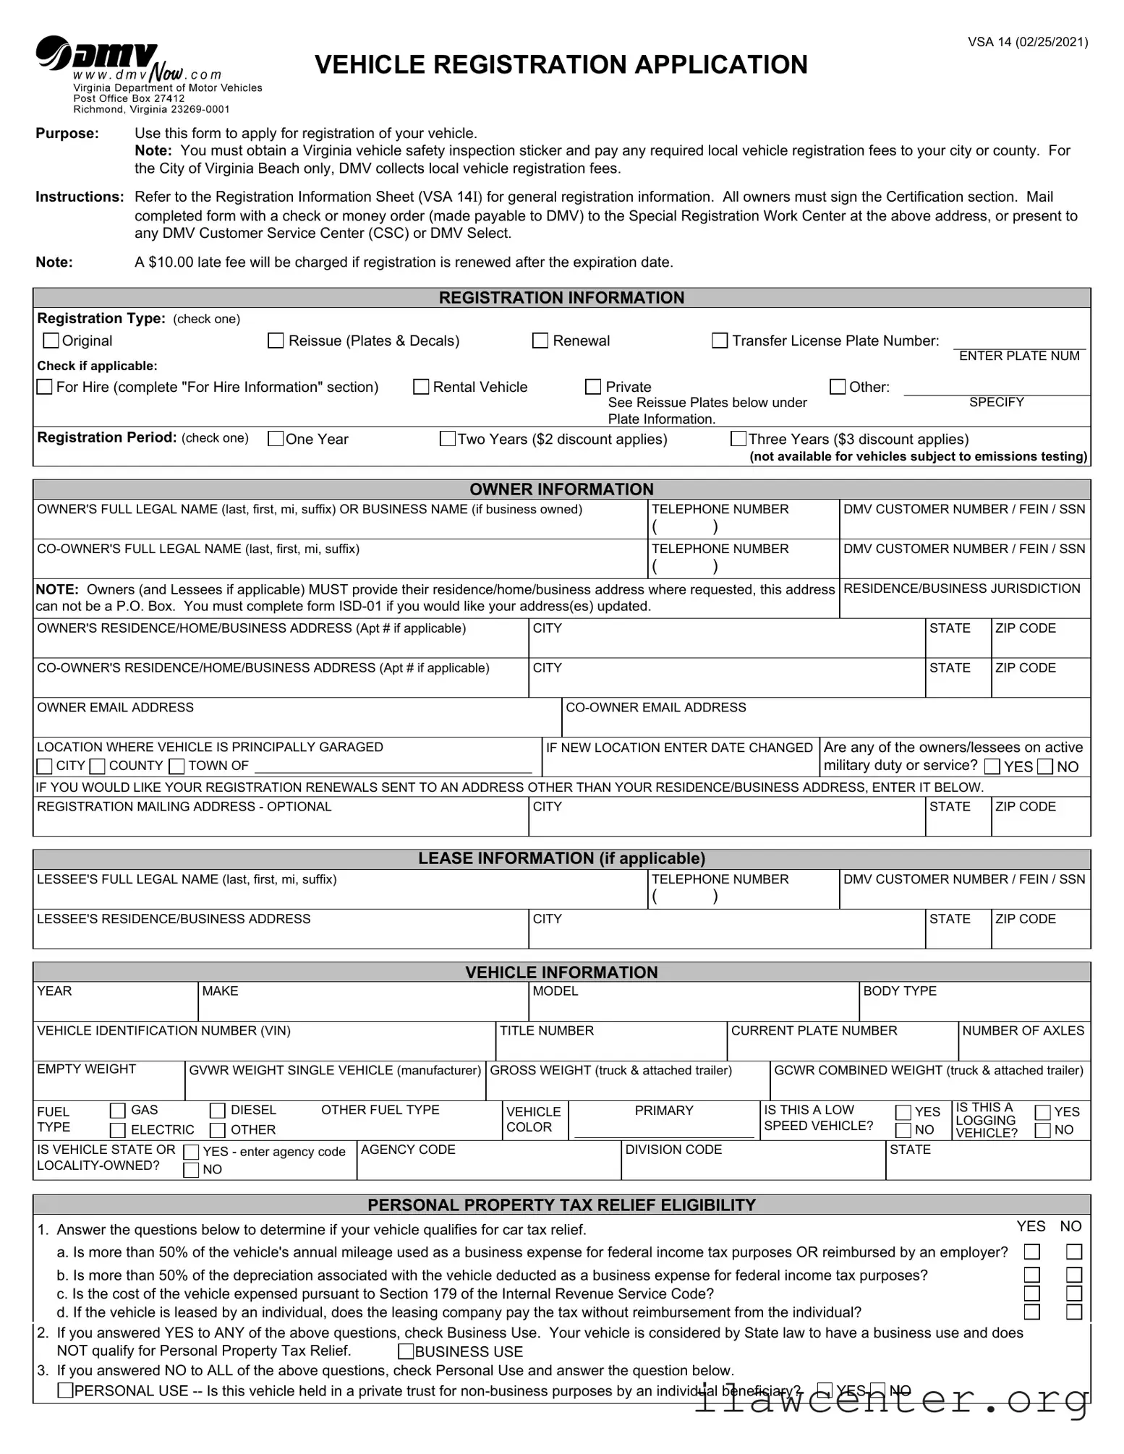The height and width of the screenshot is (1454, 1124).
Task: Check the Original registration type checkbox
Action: click(51, 340)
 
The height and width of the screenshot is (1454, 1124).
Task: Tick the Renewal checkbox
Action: click(540, 341)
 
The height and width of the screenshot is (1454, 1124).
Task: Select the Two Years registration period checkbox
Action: click(448, 439)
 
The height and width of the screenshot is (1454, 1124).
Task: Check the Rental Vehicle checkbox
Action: click(421, 387)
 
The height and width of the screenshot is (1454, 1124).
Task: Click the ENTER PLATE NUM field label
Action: click(1018, 356)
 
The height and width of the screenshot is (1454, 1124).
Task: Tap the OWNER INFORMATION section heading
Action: click(561, 489)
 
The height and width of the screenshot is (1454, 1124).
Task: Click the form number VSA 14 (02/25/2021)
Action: click(1028, 42)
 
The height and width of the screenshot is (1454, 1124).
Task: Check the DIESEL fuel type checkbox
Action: click(218, 1111)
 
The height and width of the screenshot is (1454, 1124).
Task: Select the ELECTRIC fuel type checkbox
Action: click(118, 1130)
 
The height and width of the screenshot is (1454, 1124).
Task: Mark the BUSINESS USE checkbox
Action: click(406, 1351)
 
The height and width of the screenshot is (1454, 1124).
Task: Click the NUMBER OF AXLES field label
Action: click(1023, 1030)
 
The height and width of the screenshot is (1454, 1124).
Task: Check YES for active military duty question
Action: click(992, 766)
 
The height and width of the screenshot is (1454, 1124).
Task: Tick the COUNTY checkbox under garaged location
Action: click(98, 766)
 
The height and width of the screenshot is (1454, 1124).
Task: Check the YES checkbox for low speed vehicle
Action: click(903, 1112)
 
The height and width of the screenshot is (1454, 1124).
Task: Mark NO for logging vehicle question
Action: click(1042, 1130)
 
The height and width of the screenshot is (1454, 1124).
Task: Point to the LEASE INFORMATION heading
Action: click(561, 858)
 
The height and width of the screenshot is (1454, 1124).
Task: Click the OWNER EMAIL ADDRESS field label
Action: click(116, 707)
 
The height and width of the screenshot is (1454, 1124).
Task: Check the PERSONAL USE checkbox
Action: click(65, 1390)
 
